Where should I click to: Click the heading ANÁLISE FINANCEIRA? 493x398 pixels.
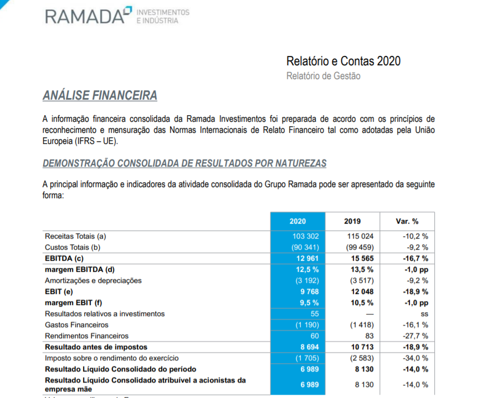point(100,96)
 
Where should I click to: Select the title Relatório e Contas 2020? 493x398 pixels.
point(343,61)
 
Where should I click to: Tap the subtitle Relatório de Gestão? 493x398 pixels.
point(323,76)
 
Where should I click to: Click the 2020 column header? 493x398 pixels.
point(297,221)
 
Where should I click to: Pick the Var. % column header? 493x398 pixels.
point(407,221)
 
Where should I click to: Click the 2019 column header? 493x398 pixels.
point(352,221)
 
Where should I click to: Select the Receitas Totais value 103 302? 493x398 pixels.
point(306,236)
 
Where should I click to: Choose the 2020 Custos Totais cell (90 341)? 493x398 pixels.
point(305,247)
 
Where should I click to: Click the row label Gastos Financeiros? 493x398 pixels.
point(76,325)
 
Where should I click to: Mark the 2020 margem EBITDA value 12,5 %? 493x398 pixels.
point(307,270)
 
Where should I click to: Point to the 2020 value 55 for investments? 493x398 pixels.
point(314,314)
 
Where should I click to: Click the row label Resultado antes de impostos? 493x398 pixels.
point(96,347)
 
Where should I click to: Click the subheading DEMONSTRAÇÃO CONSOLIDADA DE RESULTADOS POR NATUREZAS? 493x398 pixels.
point(184,163)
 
